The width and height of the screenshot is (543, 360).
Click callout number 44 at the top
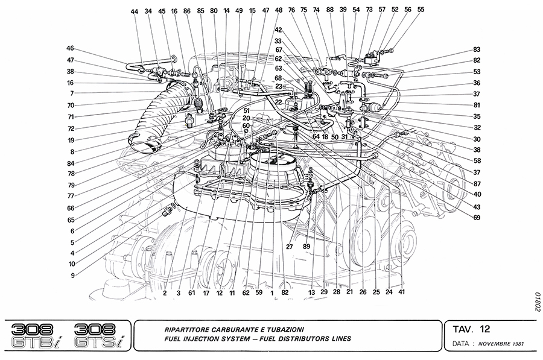135,12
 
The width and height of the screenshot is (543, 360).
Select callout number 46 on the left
71,48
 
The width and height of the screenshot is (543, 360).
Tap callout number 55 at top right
421,10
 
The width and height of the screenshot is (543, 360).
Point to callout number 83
477,49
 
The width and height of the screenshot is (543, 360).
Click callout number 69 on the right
477,218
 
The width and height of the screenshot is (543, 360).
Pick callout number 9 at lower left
73,276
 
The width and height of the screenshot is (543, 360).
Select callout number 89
306,247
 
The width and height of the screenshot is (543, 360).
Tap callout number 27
289,247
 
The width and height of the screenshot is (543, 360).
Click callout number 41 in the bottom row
401,292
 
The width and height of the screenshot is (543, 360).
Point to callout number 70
71,106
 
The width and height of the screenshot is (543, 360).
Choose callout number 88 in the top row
329,10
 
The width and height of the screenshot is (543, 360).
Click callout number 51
246,111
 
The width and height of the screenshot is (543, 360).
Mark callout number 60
246,125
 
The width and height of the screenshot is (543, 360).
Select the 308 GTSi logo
99,336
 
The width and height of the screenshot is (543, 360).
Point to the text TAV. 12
471,329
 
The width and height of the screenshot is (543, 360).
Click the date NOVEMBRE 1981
501,344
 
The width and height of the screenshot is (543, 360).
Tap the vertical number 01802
537,302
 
